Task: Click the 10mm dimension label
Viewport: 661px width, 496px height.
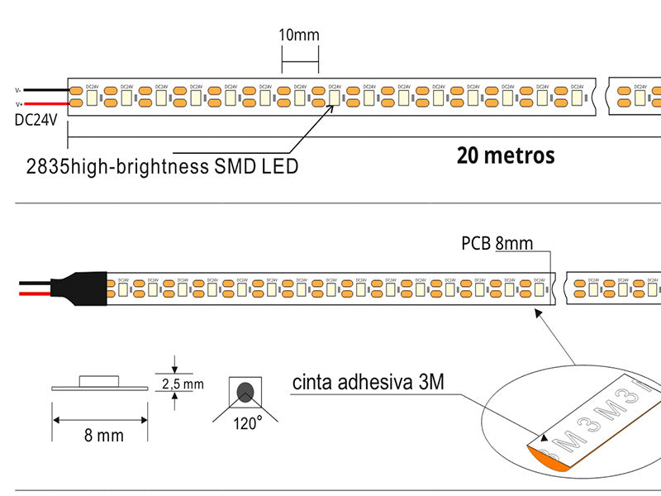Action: [298, 35]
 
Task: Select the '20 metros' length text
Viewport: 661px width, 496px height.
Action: [505, 155]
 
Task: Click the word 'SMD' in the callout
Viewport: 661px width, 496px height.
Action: [236, 166]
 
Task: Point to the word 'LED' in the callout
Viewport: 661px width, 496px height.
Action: [280, 166]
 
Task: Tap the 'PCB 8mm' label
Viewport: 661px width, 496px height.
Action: [497, 243]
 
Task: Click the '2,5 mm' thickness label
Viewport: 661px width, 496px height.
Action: [182, 384]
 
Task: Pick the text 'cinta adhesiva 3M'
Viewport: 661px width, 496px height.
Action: [368, 383]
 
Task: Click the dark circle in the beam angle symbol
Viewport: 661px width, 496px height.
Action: [245, 392]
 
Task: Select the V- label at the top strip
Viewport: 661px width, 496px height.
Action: [18, 90]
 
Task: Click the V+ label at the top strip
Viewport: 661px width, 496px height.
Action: [18, 104]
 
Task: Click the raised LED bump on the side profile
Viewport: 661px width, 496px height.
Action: [100, 380]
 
